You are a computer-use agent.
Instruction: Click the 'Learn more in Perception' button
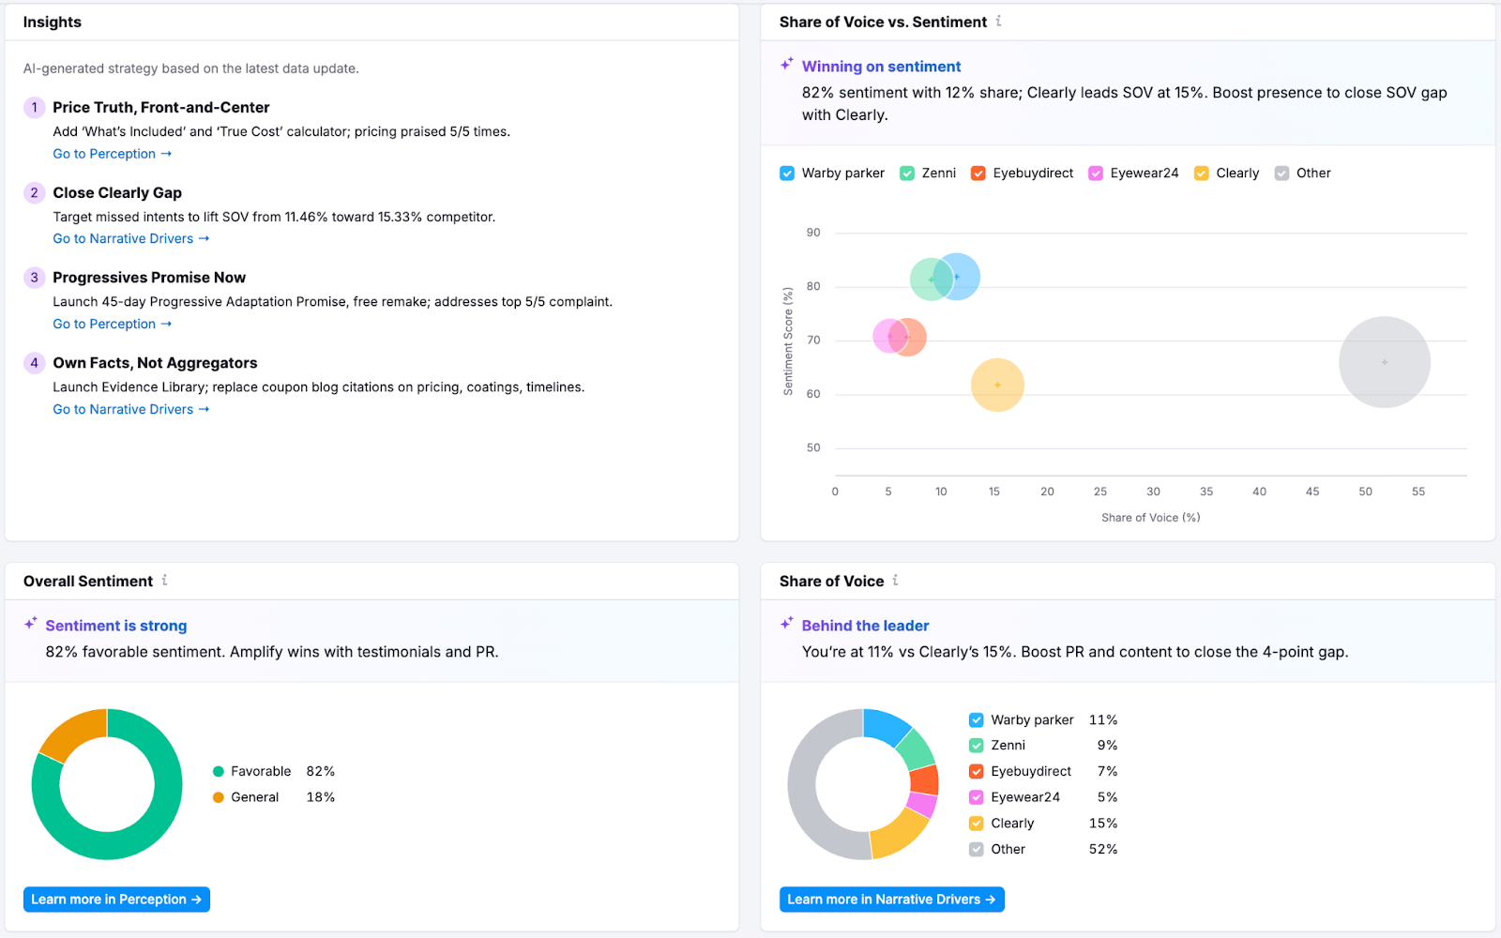click(116, 900)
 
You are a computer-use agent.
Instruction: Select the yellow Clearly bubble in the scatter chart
click(997, 386)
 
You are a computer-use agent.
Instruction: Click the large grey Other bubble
click(1384, 362)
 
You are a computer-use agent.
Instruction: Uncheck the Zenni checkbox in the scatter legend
click(907, 174)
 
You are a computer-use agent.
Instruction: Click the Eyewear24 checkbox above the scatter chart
click(1096, 174)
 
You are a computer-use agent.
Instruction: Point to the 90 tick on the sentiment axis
click(813, 233)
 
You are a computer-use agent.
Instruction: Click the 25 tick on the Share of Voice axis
click(1100, 492)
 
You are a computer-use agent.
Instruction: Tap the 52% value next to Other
click(1102, 849)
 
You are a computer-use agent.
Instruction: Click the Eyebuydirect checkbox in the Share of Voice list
click(977, 772)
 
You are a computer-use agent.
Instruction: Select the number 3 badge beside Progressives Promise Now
click(35, 278)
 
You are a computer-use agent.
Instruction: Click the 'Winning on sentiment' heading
click(881, 67)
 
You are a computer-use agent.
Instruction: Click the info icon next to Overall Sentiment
click(165, 581)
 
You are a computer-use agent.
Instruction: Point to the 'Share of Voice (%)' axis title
click(1150, 518)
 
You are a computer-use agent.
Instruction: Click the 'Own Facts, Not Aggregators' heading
click(155, 363)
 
